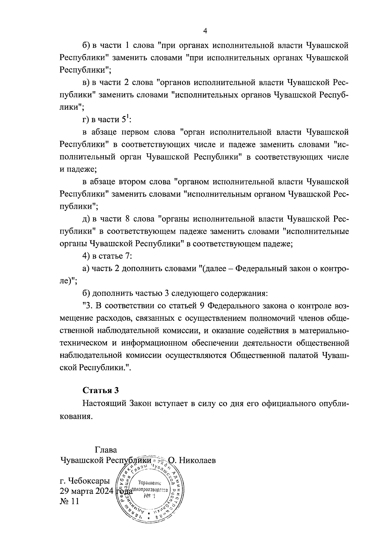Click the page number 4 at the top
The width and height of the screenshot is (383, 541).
point(205,31)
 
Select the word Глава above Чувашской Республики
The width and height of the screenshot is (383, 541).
point(106,450)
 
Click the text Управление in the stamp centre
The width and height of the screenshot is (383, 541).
point(150,483)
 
